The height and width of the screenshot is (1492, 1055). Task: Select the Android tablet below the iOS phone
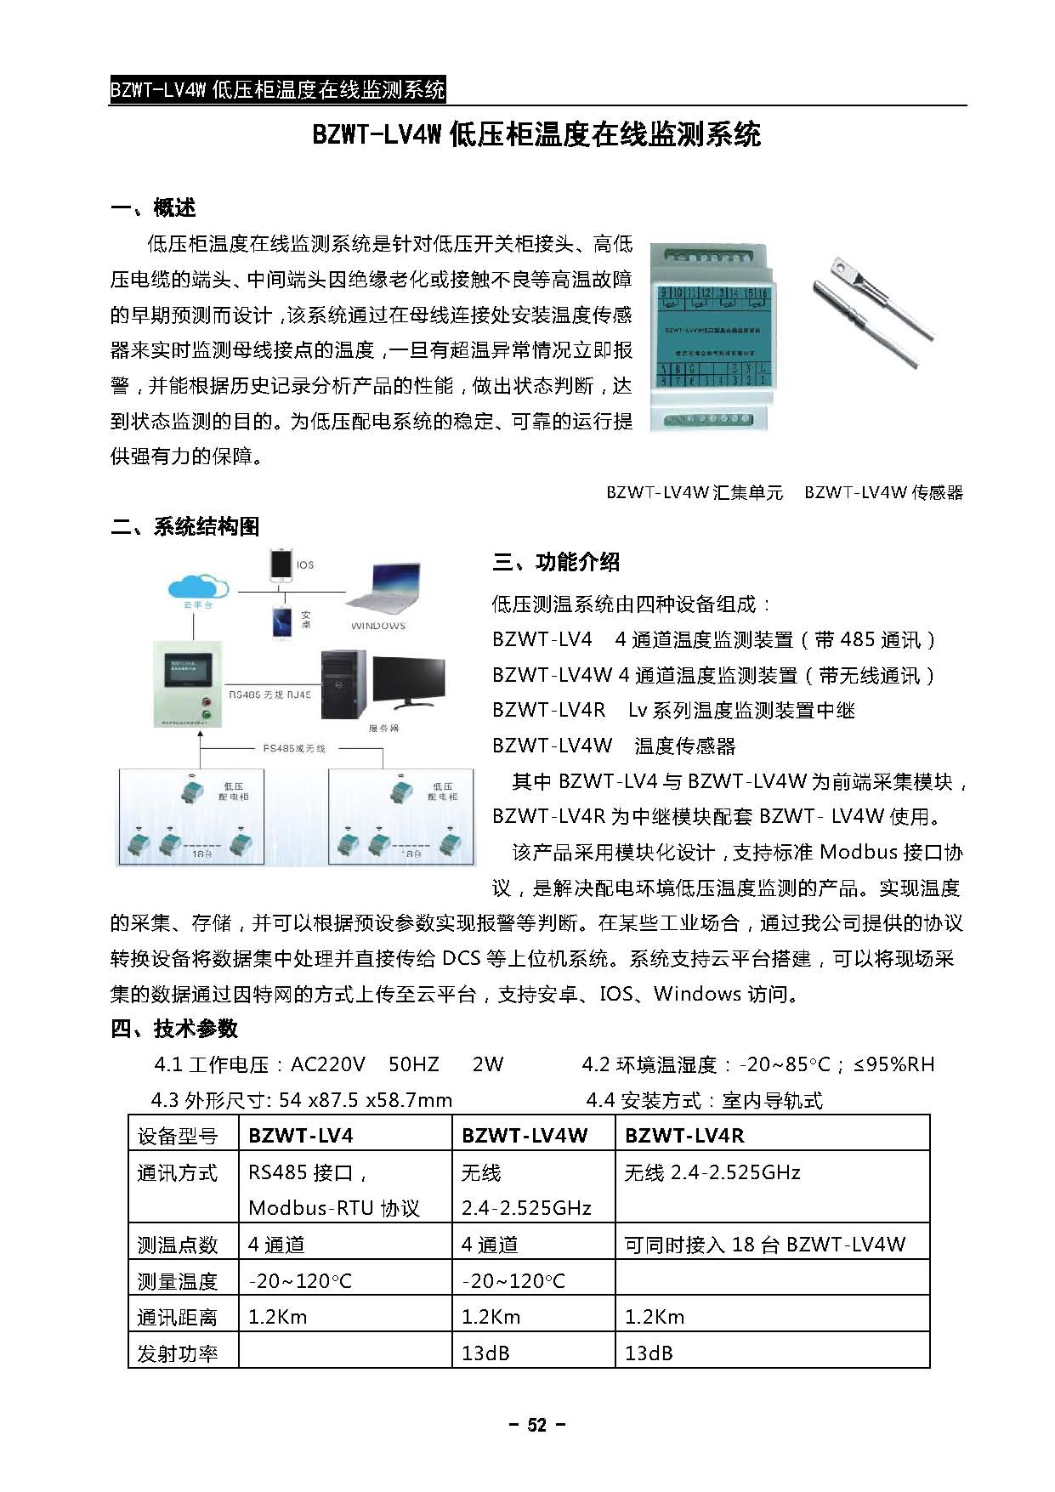click(281, 621)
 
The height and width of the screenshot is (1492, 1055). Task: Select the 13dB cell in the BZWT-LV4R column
click(649, 1353)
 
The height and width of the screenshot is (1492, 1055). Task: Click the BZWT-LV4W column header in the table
click(524, 1135)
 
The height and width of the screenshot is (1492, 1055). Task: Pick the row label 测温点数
click(178, 1245)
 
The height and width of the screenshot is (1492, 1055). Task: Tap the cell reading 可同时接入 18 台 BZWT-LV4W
click(765, 1245)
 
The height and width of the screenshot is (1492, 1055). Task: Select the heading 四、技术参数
click(174, 1029)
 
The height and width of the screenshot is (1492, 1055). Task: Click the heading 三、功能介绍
click(556, 562)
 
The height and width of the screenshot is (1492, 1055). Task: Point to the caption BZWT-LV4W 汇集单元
click(695, 492)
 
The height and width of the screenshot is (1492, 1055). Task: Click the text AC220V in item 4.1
click(327, 1064)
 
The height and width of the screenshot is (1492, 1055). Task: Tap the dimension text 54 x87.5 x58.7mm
click(366, 1100)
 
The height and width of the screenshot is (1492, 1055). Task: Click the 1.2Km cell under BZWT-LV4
click(278, 1317)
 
